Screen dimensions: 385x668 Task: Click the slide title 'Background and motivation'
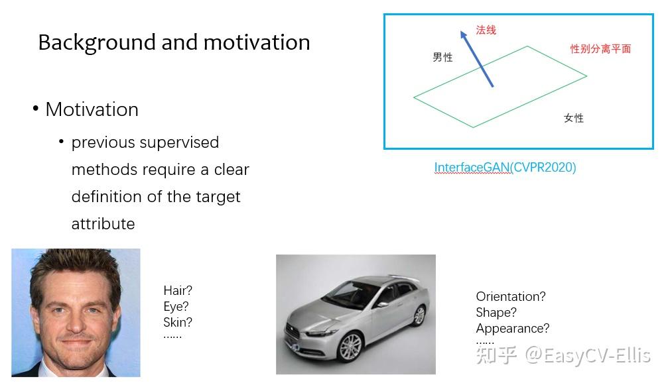click(174, 42)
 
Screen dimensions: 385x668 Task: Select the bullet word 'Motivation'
click(92, 109)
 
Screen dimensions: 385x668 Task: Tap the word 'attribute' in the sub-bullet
click(103, 224)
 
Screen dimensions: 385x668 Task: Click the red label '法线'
click(486, 30)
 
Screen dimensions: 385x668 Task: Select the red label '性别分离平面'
click(600, 49)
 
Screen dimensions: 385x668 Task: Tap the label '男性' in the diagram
click(442, 58)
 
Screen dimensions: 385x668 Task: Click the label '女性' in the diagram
click(574, 118)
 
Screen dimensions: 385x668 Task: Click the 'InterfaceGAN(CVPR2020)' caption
click(505, 168)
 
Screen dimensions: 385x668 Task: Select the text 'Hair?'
click(178, 291)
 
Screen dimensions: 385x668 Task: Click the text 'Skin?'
click(178, 323)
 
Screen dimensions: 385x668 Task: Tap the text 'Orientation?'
click(511, 297)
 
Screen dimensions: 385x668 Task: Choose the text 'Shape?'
click(496, 313)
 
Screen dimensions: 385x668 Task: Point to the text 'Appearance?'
click(513, 329)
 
